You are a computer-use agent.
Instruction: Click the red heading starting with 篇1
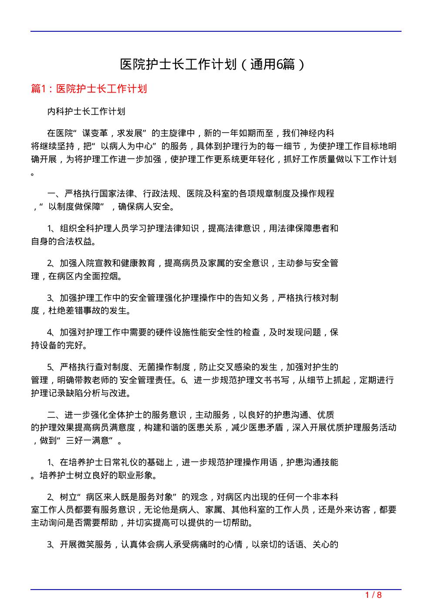pyautogui.click(x=89, y=89)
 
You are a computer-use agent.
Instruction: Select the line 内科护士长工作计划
pyautogui.click(x=86, y=111)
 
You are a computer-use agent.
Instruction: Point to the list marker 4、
pyautogui.click(x=51, y=333)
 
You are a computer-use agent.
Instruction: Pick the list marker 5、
pyautogui.click(x=51, y=367)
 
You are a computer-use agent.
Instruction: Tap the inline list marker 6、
pyautogui.click(x=185, y=380)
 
